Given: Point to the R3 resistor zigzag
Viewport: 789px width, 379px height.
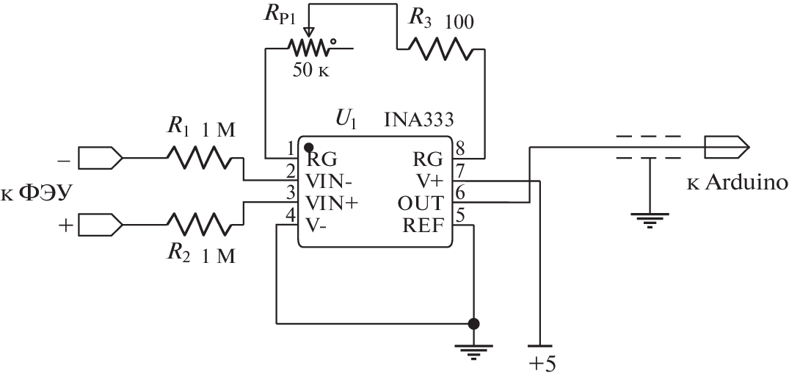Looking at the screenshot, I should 439,50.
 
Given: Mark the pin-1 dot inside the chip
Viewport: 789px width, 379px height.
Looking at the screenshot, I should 310,147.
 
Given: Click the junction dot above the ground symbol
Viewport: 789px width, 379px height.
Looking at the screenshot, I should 474,322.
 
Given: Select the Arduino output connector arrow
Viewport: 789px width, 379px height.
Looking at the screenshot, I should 726,147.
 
